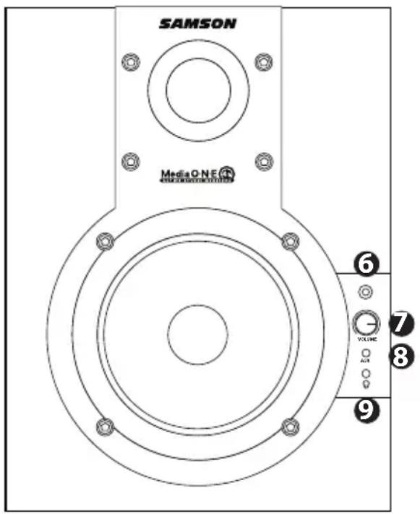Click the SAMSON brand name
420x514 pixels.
[197, 23]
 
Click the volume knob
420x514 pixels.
[367, 322]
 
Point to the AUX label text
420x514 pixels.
[367, 359]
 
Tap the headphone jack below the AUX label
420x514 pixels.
[367, 373]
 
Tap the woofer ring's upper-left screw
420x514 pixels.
[106, 239]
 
